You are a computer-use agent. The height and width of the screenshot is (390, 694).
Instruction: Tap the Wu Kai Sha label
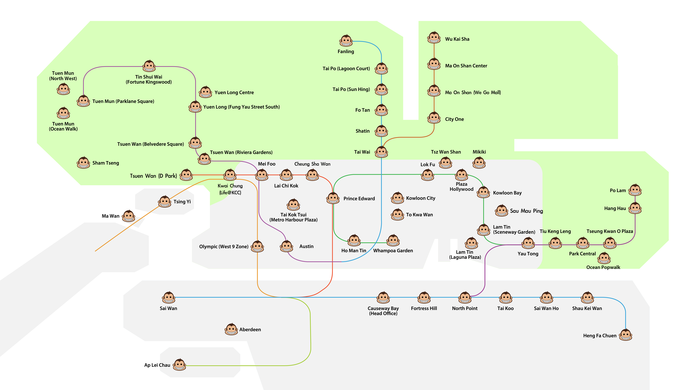pos(457,39)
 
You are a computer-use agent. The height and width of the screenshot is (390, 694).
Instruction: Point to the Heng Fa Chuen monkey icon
pos(626,335)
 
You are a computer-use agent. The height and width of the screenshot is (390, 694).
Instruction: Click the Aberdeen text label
pos(250,329)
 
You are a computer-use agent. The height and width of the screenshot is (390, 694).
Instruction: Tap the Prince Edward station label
pos(359,199)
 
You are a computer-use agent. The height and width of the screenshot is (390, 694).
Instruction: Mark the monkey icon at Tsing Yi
pos(165,202)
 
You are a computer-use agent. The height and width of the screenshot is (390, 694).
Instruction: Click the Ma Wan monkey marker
pos(129,216)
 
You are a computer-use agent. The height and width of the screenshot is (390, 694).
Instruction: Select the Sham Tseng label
pos(106,163)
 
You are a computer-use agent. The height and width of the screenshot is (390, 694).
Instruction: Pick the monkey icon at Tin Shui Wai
pos(149,66)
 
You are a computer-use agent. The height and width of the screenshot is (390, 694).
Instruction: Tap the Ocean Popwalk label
pos(603,267)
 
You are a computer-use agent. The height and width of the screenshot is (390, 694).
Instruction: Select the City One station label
pos(455,119)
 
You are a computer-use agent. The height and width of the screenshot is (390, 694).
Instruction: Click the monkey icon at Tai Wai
pos(381,152)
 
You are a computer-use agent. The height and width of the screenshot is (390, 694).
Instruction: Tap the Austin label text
pos(306,246)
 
